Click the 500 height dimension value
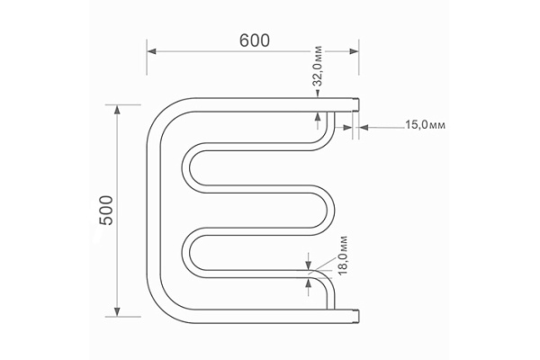tap(104, 211)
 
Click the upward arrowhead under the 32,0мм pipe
tap(317, 117)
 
